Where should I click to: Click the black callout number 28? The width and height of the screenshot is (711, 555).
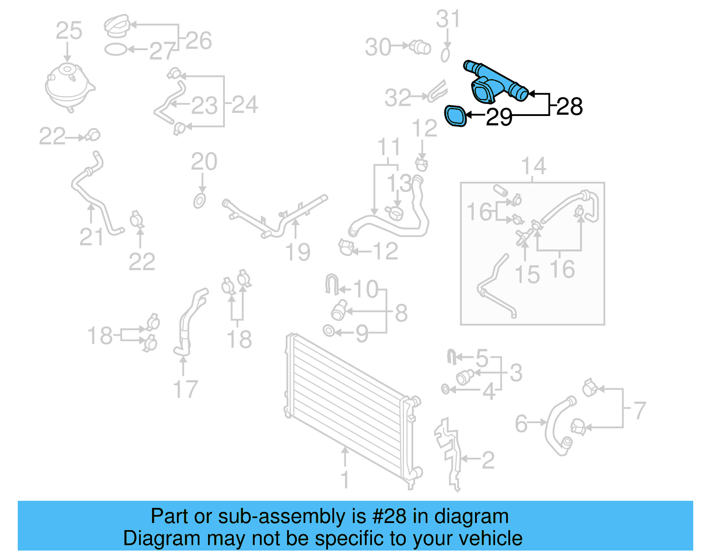pos(569,107)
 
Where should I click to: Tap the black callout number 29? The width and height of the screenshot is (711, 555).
pos(499,117)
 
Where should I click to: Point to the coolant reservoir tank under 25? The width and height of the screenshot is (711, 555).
pos(69,87)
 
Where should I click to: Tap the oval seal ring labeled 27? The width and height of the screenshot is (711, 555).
pos(116,49)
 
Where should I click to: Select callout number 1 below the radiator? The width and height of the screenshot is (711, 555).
pos(345,480)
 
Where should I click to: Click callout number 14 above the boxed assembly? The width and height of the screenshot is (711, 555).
pos(533,167)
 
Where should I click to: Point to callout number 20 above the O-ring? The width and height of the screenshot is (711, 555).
pos(204,162)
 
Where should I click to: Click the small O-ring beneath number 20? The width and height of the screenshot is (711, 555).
pos(200,201)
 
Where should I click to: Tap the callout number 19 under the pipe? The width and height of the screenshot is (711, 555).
pos(297,252)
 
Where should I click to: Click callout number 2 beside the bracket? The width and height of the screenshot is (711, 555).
pos(488,460)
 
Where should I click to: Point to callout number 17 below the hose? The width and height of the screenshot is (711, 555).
pos(185,389)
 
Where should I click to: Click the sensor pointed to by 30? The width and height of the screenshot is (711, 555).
pos(421,47)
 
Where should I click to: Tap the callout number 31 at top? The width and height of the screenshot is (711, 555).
pos(447,20)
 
